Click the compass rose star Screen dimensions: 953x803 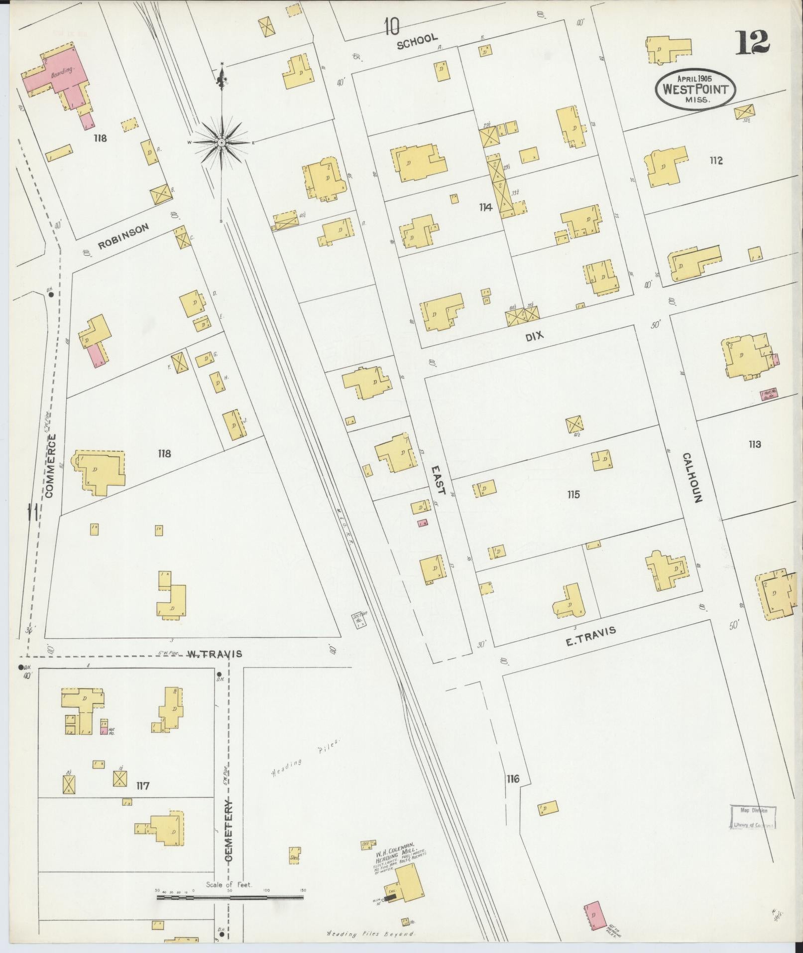point(221,142)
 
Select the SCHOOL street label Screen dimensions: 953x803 point(417,41)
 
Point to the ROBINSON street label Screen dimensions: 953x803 point(123,236)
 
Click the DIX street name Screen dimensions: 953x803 point(534,336)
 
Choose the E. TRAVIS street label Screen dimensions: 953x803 point(591,636)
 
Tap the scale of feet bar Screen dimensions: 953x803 point(230,897)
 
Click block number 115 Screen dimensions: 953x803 point(573,494)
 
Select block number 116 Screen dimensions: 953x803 point(513,778)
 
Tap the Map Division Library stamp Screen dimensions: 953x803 point(753,817)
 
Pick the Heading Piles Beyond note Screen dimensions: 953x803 point(371,934)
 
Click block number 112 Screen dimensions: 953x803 point(716,160)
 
